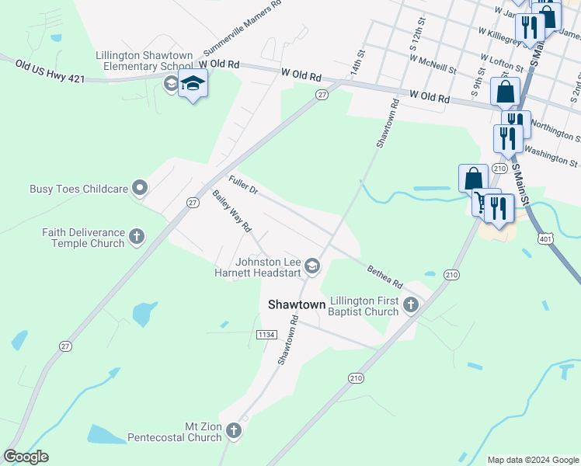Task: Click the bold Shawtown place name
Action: click(297, 305)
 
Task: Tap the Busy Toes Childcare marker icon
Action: click(140, 187)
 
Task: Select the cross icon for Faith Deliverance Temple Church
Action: click(137, 236)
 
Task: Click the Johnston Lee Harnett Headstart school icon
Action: click(312, 266)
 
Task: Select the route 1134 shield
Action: click(266, 334)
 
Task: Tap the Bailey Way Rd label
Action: click(232, 212)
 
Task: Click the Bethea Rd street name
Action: click(385, 274)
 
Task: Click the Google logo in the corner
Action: click(26, 457)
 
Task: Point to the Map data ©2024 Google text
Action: click(532, 460)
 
